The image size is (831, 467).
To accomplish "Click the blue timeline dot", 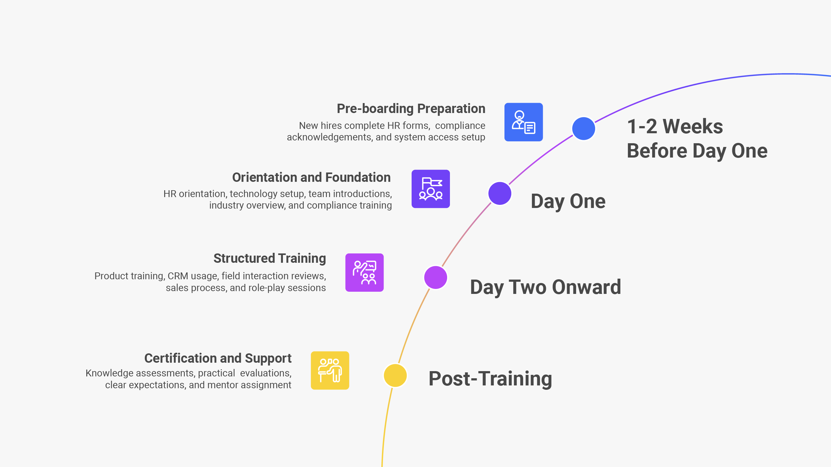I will (x=583, y=128).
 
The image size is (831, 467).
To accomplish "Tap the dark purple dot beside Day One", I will (x=500, y=193).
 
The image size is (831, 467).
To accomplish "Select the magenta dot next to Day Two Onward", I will (x=436, y=277).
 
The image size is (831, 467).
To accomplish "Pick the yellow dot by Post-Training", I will (x=395, y=375).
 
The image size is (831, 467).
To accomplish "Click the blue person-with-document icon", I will (x=523, y=122).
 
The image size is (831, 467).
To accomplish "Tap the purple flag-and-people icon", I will (x=430, y=189).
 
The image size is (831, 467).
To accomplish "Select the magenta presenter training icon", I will (x=364, y=273).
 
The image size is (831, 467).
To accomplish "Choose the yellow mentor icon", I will (x=330, y=370).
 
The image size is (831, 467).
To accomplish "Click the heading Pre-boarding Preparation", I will (x=411, y=109).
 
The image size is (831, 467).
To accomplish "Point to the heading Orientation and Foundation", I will (x=311, y=177).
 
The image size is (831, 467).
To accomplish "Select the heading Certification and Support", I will (x=218, y=358).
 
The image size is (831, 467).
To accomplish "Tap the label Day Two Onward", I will (x=545, y=287).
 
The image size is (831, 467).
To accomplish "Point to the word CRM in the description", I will (x=177, y=276).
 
